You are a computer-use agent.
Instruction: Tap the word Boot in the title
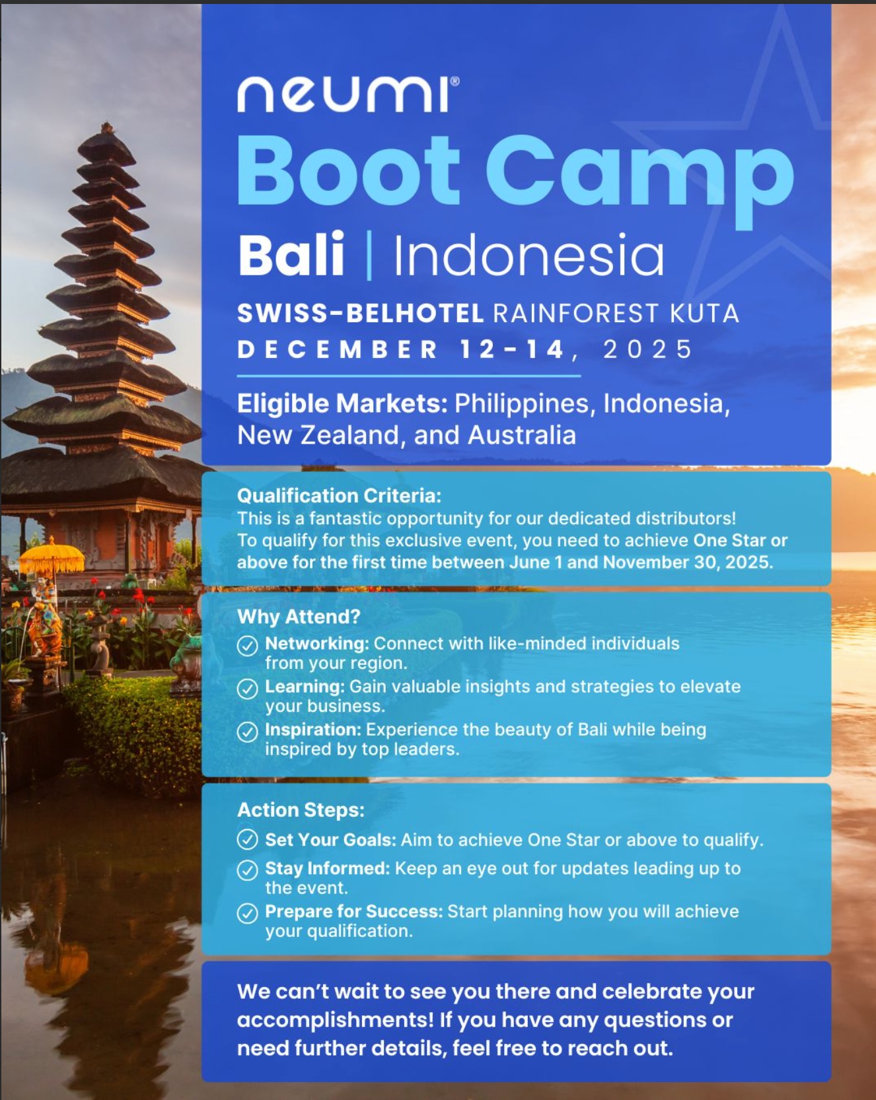(348, 171)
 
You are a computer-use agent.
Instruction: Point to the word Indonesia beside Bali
(529, 255)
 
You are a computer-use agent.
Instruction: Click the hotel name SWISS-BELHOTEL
(361, 314)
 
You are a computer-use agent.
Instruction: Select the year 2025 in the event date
(647, 349)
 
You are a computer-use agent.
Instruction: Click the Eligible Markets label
(342, 403)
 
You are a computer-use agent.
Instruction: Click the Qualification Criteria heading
(339, 496)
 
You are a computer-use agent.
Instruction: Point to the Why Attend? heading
(299, 617)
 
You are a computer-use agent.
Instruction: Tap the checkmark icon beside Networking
(248, 645)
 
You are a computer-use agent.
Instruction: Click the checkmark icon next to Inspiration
(248, 732)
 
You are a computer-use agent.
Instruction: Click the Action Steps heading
(301, 810)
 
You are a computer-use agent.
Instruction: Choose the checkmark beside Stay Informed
(248, 870)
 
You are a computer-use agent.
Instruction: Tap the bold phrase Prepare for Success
(353, 912)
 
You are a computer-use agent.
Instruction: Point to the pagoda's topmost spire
(106, 127)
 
